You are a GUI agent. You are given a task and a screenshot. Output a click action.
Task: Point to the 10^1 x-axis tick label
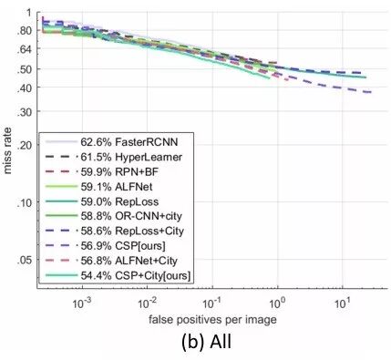click(342, 300)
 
